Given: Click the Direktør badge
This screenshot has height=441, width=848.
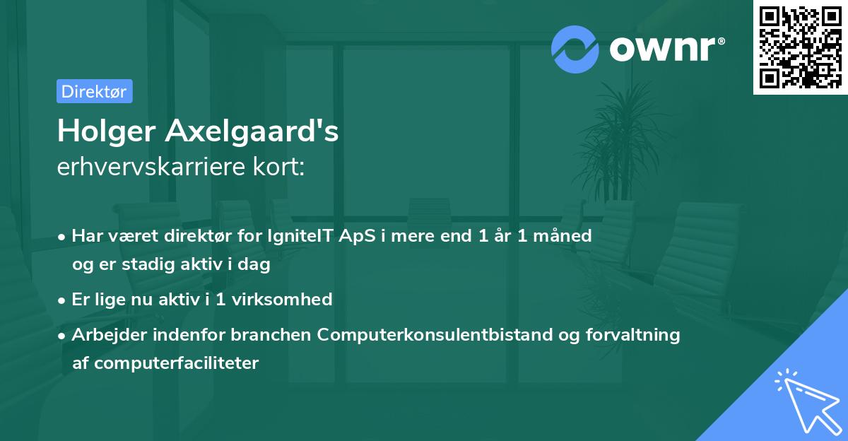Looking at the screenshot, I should (x=94, y=91).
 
